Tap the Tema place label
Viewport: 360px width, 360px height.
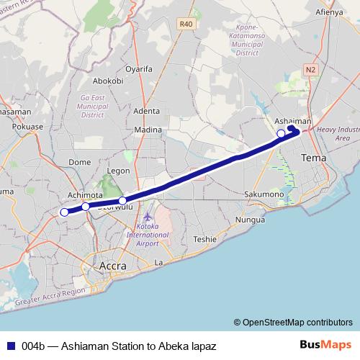[313, 157]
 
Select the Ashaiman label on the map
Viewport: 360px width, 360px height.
[293, 121]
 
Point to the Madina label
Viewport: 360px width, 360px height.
[148, 130]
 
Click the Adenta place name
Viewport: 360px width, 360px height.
[146, 111]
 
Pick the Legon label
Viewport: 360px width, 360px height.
[117, 171]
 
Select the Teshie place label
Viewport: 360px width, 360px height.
[204, 239]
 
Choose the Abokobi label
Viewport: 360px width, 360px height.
[109, 81]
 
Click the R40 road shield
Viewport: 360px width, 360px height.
[186, 24]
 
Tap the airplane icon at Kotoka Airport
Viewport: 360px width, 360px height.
[148, 217]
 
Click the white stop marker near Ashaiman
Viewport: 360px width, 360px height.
[281, 133]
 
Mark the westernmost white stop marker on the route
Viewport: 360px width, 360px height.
[64, 212]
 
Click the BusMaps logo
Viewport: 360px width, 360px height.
[325, 345]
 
